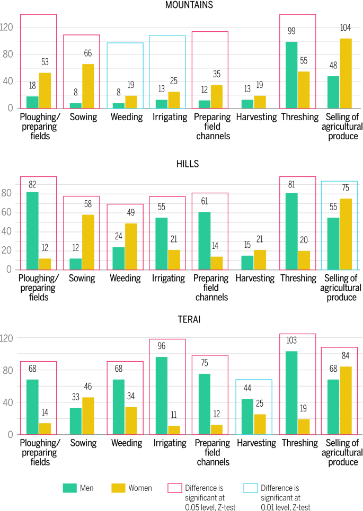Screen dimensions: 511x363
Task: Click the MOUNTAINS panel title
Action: (x=182, y=5)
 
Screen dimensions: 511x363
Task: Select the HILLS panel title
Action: (x=182, y=164)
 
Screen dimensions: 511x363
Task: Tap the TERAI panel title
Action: (x=182, y=319)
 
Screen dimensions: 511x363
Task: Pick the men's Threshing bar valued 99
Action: (x=291, y=75)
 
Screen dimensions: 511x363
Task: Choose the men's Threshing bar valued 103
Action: (x=291, y=393)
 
